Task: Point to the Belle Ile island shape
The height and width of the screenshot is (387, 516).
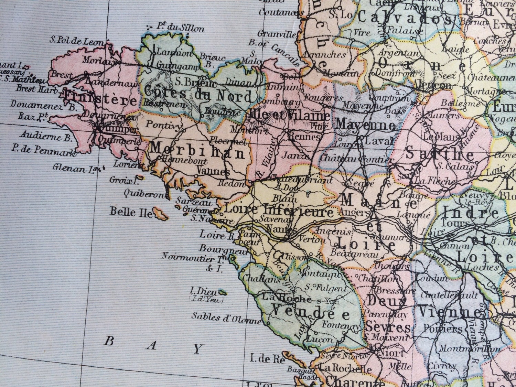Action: (160, 214)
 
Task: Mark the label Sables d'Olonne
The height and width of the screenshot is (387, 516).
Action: (226, 318)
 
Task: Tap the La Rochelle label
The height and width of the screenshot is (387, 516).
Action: (345, 369)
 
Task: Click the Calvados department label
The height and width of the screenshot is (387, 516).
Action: (404, 17)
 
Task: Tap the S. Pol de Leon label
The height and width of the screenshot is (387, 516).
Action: (76, 41)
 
